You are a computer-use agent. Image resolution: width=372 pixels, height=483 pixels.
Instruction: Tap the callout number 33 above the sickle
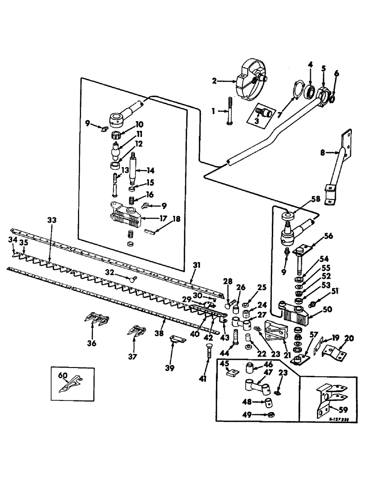51,220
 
